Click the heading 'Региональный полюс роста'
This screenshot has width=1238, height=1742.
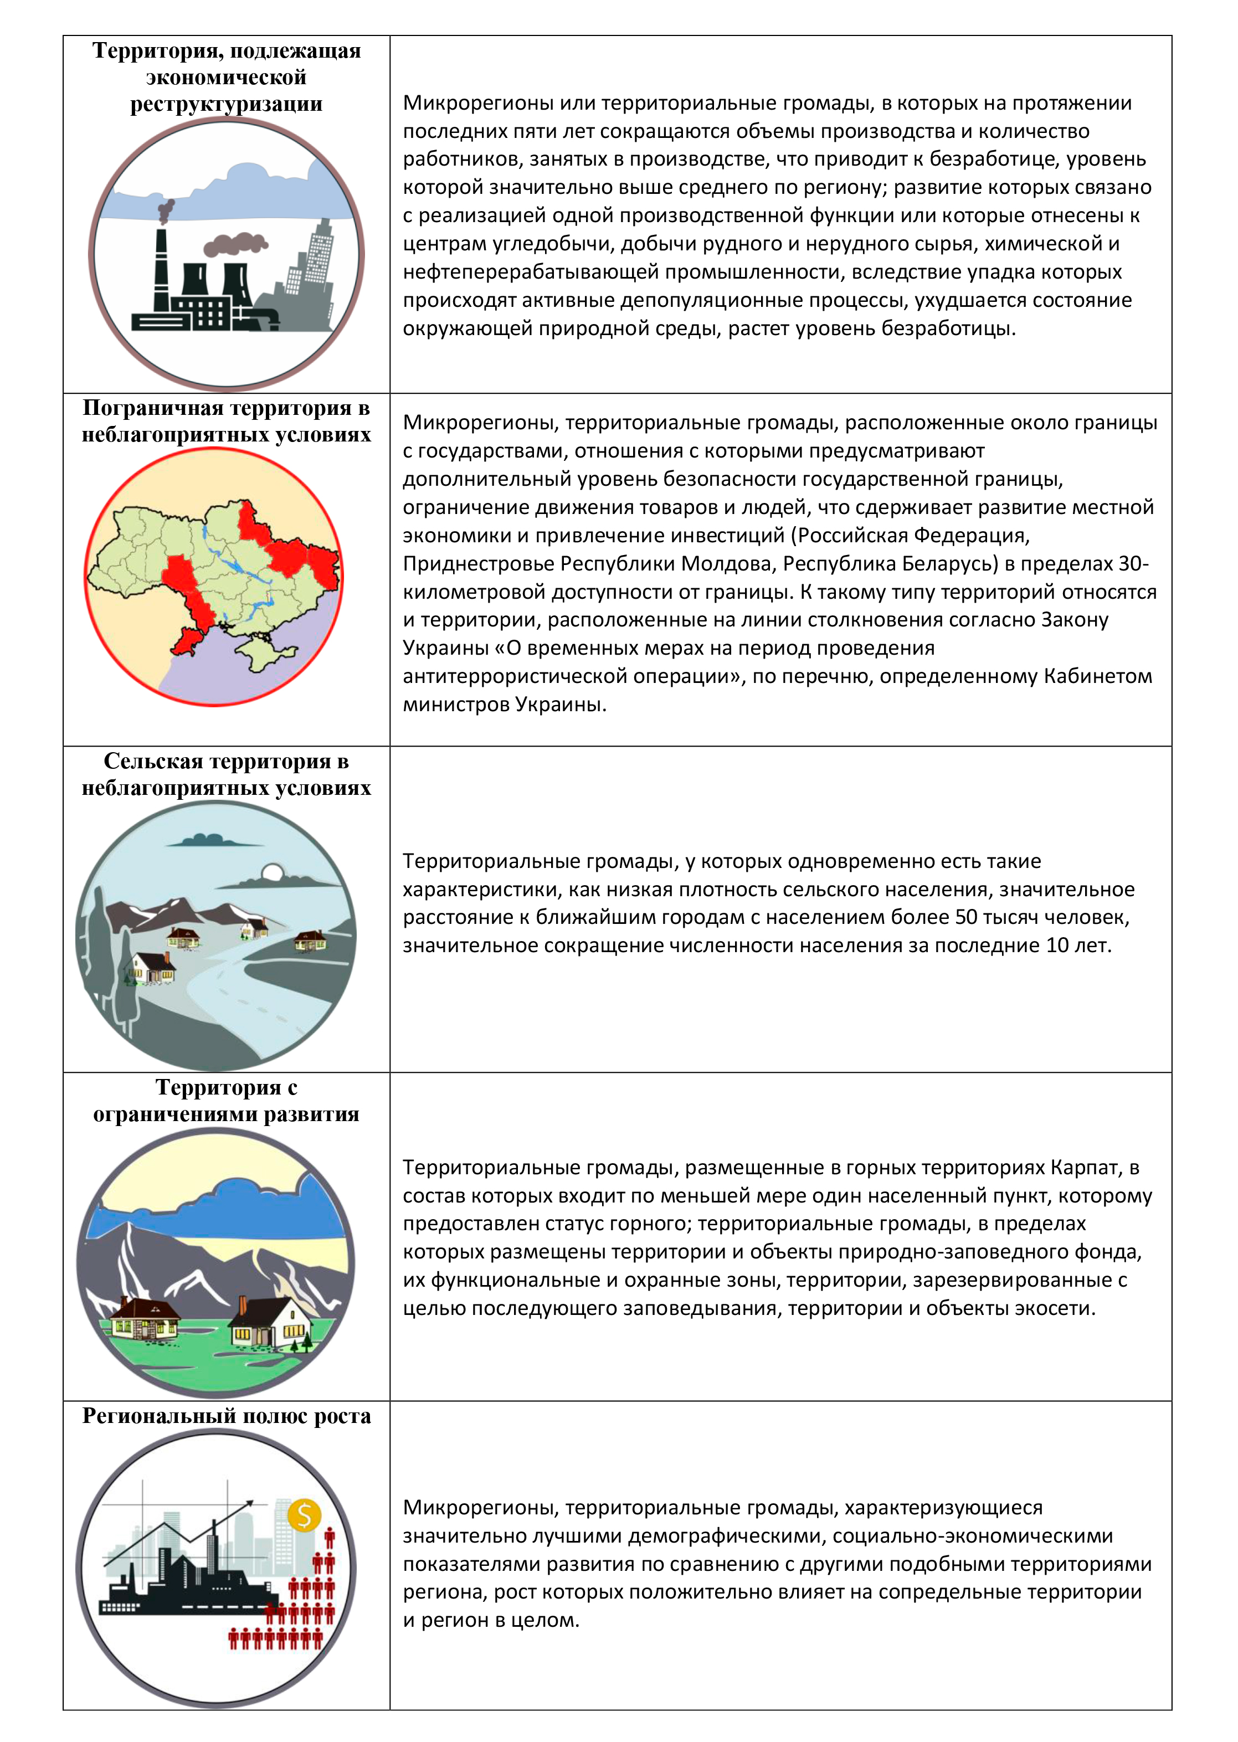click(x=227, y=1416)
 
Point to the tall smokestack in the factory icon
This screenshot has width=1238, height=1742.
click(x=161, y=268)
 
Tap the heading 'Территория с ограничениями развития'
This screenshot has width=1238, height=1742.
click(x=227, y=1101)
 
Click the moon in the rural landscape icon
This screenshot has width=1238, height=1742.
click(x=272, y=873)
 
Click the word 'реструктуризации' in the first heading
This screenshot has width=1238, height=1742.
click(x=227, y=104)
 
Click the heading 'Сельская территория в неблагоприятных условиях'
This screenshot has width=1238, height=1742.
click(x=227, y=774)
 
